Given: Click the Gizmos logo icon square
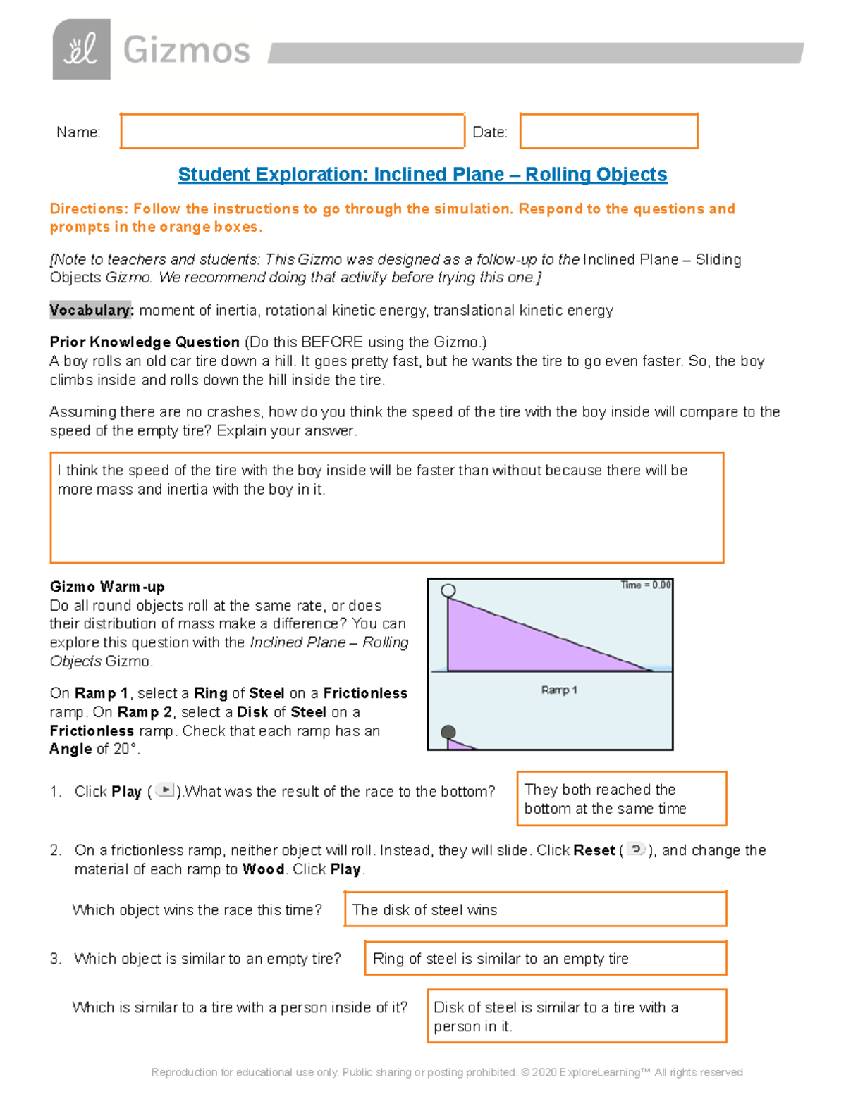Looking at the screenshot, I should point(81,49).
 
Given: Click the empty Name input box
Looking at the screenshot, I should point(292,131).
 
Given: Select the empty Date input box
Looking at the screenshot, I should point(608,131).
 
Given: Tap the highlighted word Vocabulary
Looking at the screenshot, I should point(90,310).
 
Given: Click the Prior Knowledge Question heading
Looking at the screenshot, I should point(145,342).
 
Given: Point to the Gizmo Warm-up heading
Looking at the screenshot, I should point(107,587).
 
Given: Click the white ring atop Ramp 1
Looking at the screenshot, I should point(448,590).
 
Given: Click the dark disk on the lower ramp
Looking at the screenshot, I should point(448,733).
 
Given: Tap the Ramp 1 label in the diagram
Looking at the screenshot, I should point(558,690).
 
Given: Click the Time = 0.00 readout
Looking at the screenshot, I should point(645,585).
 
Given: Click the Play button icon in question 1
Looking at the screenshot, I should point(164,790).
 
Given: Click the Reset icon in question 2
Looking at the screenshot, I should point(636,850).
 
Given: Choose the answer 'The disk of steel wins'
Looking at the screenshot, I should point(424,909).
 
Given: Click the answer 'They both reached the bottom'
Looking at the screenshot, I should point(605,799).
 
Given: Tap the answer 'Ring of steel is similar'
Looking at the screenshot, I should point(501,959).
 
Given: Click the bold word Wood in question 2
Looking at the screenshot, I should point(263,869).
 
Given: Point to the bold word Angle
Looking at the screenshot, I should point(70,750).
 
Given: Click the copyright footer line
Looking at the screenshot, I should point(447,1072).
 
